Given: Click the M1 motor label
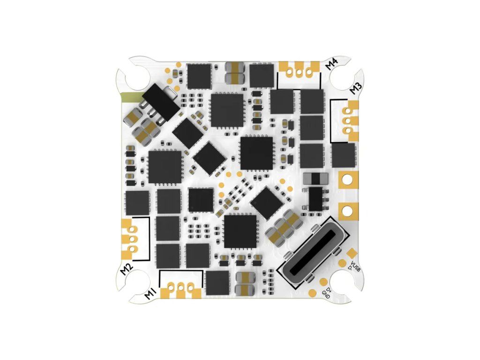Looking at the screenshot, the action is [x=150, y=294].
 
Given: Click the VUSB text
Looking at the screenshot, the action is [x=355, y=267].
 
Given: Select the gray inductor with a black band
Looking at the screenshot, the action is [x=314, y=179].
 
